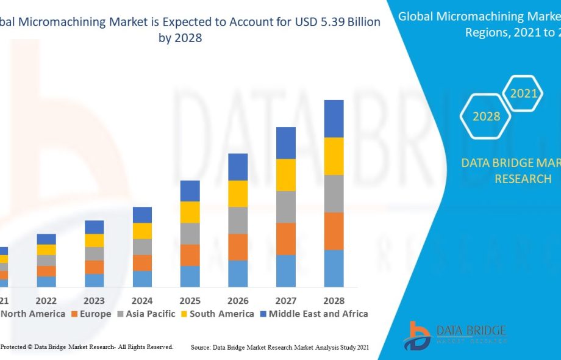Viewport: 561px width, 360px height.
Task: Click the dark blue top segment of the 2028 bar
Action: pyautogui.click(x=334, y=118)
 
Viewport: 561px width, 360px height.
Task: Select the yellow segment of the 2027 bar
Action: pyautogui.click(x=286, y=175)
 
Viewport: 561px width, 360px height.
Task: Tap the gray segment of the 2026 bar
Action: pyautogui.click(x=238, y=220)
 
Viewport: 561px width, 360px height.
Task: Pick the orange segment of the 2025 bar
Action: pyautogui.click(x=190, y=255)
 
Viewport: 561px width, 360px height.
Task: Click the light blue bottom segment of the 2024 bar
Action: pyautogui.click(x=142, y=279)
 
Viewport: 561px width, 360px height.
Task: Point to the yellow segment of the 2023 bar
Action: pyautogui.click(x=94, y=240)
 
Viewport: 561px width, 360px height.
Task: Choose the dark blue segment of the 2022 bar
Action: pyautogui.click(x=46, y=239)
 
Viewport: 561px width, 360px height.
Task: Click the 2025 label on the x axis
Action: pyautogui.click(x=190, y=301)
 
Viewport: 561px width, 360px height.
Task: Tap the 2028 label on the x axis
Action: pyautogui.click(x=334, y=301)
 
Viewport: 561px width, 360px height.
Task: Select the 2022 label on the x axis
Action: pyautogui.click(x=46, y=301)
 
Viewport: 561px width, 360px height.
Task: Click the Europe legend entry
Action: pyautogui.click(x=91, y=314)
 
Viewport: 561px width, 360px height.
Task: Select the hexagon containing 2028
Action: pyautogui.click(x=486, y=116)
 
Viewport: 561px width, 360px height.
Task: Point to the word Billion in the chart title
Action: pyautogui.click(x=359, y=22)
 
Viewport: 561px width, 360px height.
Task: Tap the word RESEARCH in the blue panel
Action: pyautogui.click(x=523, y=179)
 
